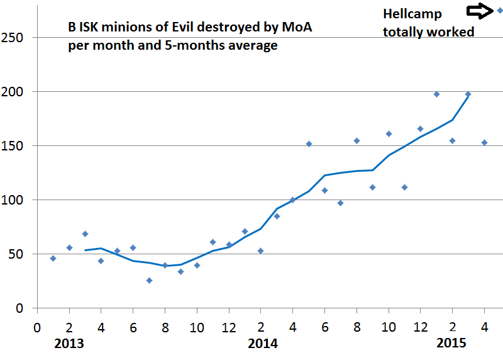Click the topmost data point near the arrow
tap(500, 10)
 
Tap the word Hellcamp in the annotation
tap(412, 14)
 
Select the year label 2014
tap(263, 344)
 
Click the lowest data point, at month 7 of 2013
tap(149, 280)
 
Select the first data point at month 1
tap(53, 258)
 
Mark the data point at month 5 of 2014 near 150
tap(309, 143)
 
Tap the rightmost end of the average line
tap(468, 94)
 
